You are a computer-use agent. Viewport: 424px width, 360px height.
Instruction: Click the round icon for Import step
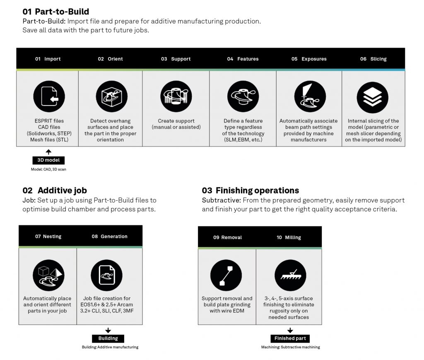[x=49, y=97]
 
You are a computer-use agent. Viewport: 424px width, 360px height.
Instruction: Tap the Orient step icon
[x=111, y=97]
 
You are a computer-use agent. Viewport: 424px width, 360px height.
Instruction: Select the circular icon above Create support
[x=176, y=97]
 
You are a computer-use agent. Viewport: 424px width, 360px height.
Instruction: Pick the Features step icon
[x=243, y=97]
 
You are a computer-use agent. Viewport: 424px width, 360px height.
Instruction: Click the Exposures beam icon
[x=310, y=97]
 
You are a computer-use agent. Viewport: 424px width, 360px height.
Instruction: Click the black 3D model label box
[x=48, y=160]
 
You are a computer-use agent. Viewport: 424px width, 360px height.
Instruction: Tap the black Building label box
[x=108, y=338]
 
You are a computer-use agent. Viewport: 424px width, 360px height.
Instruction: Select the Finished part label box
[x=290, y=338]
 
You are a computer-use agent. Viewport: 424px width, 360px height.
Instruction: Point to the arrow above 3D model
[x=48, y=152]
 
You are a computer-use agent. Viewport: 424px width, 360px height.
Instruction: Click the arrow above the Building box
[x=108, y=330]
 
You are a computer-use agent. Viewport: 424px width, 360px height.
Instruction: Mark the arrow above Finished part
[x=290, y=330]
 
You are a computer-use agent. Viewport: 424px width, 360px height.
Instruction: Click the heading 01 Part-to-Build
[x=56, y=12]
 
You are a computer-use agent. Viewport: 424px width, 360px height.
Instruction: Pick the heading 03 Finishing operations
[x=251, y=190]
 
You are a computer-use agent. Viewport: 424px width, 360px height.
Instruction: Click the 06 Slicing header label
[x=373, y=59]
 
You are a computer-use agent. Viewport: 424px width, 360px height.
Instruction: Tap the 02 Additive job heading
[x=55, y=190]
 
